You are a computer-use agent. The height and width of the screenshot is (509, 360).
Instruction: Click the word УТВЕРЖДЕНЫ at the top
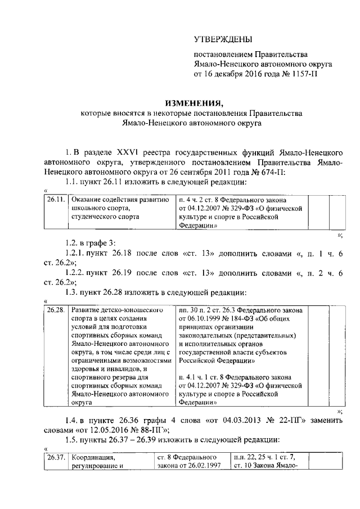click(223, 39)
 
